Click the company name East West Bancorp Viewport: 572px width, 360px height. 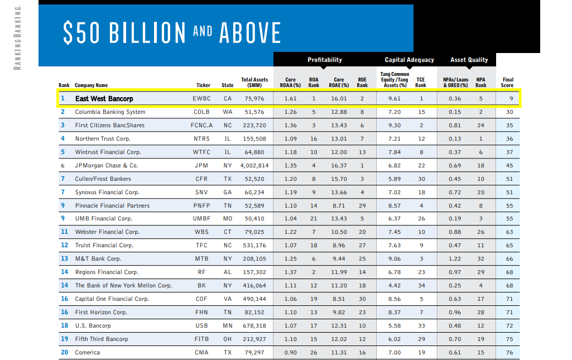(104, 99)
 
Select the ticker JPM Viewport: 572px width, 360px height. (201, 166)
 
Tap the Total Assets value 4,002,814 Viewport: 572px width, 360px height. (254, 166)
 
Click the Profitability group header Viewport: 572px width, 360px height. (324, 60)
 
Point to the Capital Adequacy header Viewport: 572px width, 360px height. (409, 60)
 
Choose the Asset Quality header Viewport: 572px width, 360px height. (469, 60)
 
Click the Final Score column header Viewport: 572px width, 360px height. (507, 83)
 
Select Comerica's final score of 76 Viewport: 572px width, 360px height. (509, 353)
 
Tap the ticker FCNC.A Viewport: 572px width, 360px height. (201, 126)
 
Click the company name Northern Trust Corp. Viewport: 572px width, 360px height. (103, 139)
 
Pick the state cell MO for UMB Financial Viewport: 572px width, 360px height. (227, 219)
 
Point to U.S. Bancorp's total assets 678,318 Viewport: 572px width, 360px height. (255, 326)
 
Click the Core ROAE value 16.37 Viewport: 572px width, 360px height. (339, 166)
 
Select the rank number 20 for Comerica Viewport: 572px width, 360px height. (64, 353)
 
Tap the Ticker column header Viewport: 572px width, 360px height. (203, 85)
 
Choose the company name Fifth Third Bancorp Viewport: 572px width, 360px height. (102, 339)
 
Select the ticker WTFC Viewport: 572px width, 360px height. (201, 152)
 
